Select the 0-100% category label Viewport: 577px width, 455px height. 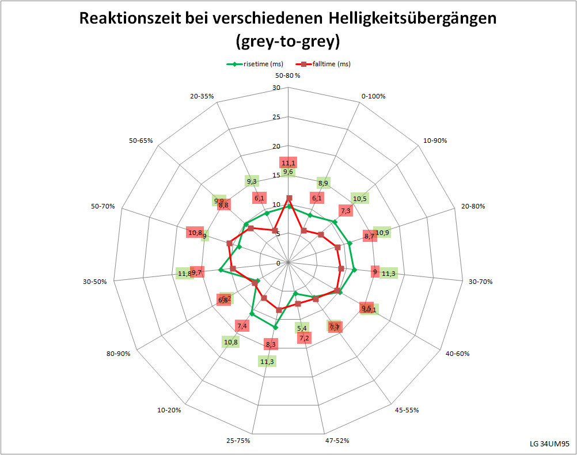(x=373, y=96)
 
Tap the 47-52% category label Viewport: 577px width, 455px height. (x=337, y=441)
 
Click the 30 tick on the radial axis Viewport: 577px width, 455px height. (x=276, y=88)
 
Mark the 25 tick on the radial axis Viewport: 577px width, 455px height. (x=276, y=117)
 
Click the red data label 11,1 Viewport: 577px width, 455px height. (x=288, y=163)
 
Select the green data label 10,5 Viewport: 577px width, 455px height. (x=360, y=199)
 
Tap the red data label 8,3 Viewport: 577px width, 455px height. (x=271, y=344)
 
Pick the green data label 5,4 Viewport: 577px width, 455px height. (x=302, y=328)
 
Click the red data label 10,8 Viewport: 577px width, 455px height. (x=195, y=233)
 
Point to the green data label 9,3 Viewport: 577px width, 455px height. (x=252, y=182)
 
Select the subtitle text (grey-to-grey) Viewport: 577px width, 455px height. (x=288, y=41)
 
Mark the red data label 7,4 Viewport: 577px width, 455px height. (x=242, y=327)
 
